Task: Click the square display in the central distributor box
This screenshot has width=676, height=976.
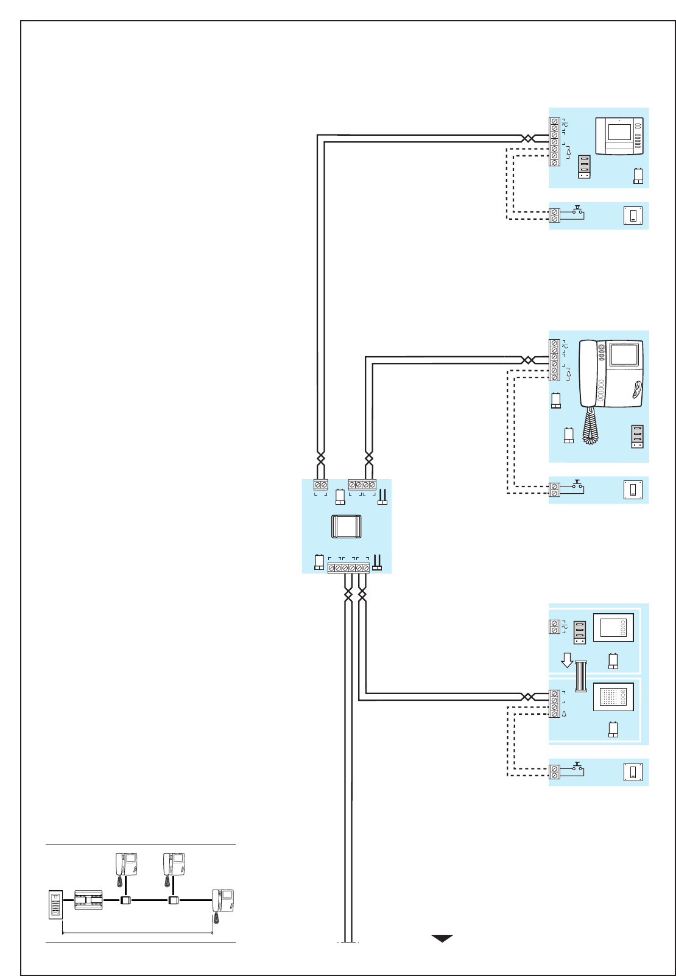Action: point(347,526)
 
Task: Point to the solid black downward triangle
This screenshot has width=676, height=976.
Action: point(442,938)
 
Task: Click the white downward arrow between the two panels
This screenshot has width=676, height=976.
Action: point(566,660)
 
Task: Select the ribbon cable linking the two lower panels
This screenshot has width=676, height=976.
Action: point(580,677)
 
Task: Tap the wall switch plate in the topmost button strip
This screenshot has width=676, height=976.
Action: point(633,216)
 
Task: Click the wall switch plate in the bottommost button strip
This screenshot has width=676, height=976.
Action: point(633,772)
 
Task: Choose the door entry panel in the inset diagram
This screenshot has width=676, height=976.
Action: point(55,905)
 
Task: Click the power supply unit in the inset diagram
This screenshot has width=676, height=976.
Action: point(88,900)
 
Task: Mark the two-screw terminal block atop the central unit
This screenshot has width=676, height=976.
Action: point(321,485)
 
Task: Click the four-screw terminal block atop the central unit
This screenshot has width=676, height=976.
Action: point(362,485)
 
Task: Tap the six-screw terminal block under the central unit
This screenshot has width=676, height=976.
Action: point(348,567)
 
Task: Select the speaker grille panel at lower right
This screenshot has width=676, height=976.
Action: point(613,697)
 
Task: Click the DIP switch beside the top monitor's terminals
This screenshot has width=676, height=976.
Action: point(584,167)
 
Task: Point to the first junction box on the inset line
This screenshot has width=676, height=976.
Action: point(125,900)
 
